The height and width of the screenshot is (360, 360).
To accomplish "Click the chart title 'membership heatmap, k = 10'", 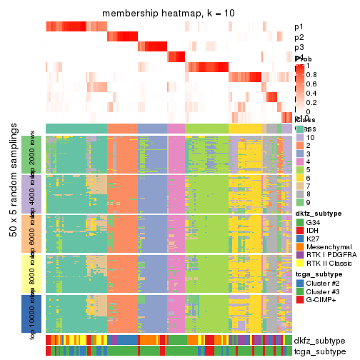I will [x=168, y=14].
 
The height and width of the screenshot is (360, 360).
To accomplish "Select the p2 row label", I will [x=299, y=37].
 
